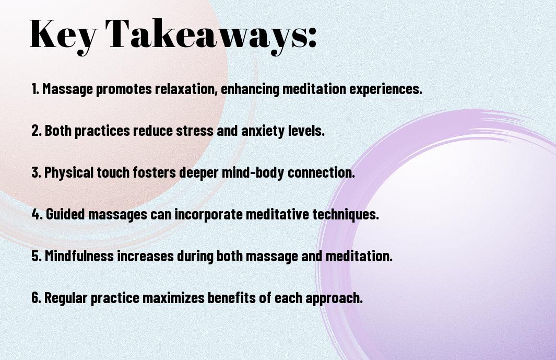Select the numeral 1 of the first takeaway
(x=34, y=89)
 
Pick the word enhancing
(x=250, y=89)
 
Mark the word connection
(x=321, y=172)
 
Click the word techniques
(x=346, y=215)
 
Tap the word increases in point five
(x=145, y=256)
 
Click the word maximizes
(x=173, y=297)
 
